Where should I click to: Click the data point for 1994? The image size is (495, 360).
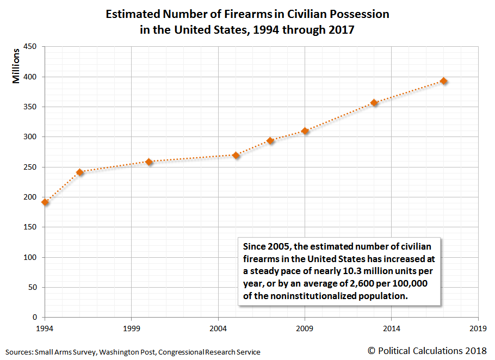[45, 202]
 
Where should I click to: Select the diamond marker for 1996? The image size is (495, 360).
[80, 172]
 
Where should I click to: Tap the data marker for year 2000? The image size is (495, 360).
[149, 162]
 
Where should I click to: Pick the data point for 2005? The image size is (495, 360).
[236, 155]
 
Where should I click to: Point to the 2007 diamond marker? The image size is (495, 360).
[270, 141]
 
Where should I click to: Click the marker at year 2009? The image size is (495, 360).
[305, 131]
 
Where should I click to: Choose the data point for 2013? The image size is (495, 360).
[374, 102]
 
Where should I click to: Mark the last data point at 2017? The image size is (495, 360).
[444, 81]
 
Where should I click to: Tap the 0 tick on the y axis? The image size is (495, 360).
[34, 318]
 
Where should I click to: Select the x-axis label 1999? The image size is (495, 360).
[132, 329]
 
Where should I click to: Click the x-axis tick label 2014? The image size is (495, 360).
[392, 329]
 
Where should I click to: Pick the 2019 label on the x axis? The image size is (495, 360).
[478, 329]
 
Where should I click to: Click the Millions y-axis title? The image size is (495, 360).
[17, 66]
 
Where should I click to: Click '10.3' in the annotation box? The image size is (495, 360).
[360, 270]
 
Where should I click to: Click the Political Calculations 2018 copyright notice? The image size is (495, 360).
[428, 351]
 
